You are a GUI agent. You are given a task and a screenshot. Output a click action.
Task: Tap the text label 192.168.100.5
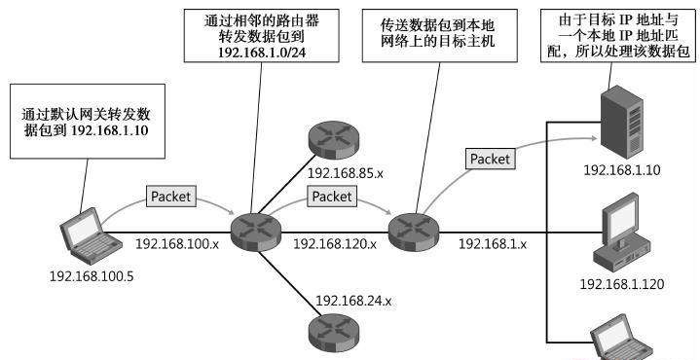point(91,275)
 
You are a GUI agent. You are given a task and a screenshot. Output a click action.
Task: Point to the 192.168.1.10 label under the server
point(622,170)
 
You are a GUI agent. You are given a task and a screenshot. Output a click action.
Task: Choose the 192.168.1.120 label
point(621,284)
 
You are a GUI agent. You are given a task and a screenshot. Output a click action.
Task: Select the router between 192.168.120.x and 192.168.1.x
point(411,231)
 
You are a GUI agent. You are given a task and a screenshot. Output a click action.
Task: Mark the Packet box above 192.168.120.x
point(333,197)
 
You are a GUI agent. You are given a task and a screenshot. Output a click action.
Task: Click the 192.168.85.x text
point(345,173)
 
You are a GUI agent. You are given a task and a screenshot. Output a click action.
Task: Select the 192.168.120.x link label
point(334,244)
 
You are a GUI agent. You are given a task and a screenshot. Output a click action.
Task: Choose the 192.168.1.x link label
point(492,243)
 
